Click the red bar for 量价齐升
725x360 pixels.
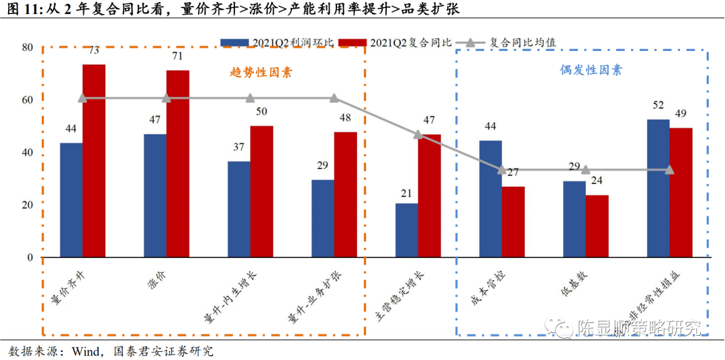[x=94, y=161]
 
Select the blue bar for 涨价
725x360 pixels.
[x=155, y=195]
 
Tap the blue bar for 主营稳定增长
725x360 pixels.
[x=407, y=230]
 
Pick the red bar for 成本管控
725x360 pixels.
[x=513, y=222]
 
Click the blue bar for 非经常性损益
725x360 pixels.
[x=658, y=188]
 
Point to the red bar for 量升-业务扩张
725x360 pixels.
[x=346, y=194]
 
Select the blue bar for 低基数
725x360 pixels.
[x=574, y=219]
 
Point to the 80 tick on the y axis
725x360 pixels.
[x=28, y=48]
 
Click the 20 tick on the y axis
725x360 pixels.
[x=28, y=205]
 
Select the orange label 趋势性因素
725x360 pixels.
[x=262, y=73]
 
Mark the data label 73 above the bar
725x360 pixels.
[x=94, y=51]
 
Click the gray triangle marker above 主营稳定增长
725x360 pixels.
[x=418, y=134]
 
